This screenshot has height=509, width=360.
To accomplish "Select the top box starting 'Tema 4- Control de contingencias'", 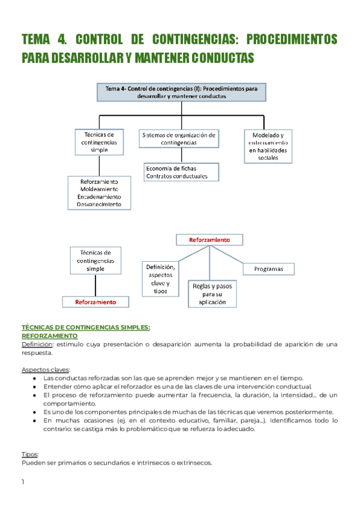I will click(181, 92).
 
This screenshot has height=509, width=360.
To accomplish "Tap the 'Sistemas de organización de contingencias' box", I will click(179, 139).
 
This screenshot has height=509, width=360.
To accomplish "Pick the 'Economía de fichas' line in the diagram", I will click(171, 169).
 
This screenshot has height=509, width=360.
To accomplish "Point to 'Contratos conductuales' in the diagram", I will click(176, 176).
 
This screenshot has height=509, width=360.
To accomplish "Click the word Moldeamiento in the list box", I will click(99, 189).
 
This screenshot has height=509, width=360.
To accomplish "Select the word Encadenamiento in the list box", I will click(99, 196).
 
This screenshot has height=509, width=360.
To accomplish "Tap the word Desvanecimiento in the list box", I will click(99, 204).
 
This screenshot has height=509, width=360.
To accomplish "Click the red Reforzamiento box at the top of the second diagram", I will click(209, 239).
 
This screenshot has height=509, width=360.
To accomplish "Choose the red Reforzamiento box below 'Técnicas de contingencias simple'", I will click(95, 302).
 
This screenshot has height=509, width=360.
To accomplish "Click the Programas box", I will click(268, 269).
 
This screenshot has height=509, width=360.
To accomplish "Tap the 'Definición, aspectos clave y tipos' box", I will click(160, 279).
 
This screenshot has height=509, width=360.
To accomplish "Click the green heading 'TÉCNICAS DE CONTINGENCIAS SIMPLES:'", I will click(86, 327).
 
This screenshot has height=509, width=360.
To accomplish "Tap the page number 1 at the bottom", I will click(23, 482).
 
